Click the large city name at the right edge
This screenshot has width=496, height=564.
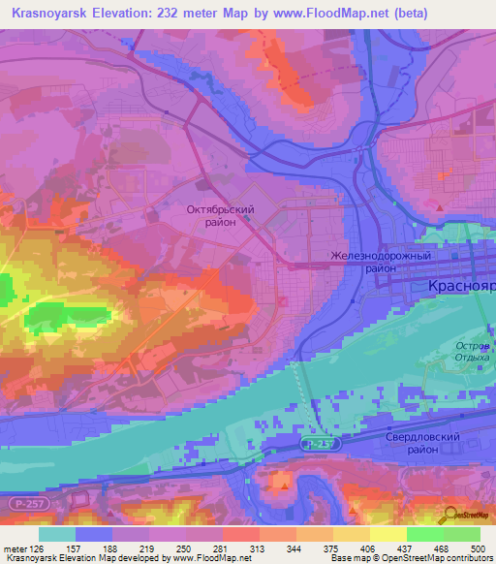(461, 287)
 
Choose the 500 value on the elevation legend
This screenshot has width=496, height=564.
(479, 548)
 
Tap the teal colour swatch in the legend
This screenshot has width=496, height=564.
(57, 534)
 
